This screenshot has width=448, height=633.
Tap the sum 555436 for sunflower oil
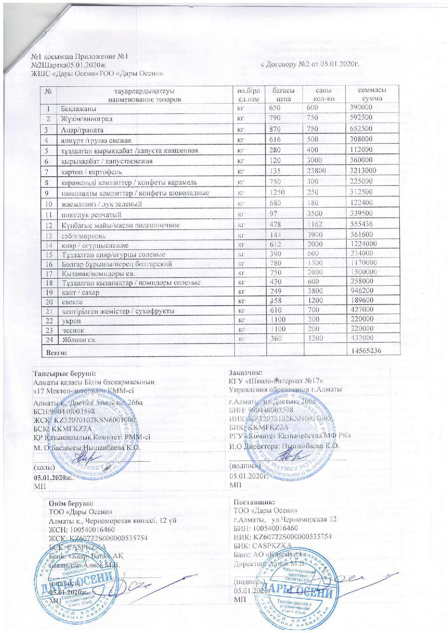coord(362,225)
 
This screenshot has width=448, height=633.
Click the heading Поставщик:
coord(254,502)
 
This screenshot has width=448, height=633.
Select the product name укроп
coord(70,320)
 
